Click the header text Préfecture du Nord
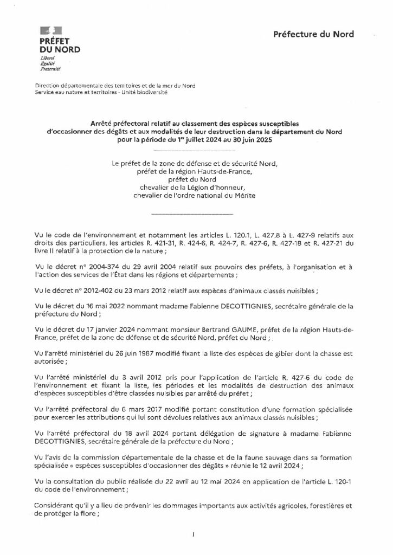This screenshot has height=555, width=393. click(x=314, y=34)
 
